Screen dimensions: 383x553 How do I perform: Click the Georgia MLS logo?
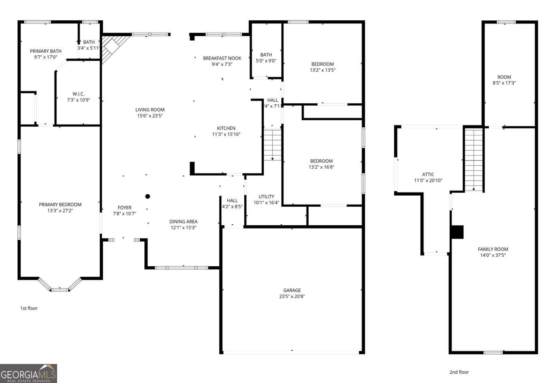point(28,373)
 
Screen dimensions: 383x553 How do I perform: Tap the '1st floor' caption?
point(29,308)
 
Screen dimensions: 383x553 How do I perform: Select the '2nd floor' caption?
point(459,372)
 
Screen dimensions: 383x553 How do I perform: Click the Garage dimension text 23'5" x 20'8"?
point(292,296)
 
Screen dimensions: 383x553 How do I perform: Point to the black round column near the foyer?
point(148,196)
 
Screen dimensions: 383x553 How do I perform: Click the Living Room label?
point(150,110)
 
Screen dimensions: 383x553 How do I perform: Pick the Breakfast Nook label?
point(222,58)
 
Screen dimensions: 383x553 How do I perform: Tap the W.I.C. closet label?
point(78,94)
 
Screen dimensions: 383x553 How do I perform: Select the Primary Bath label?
point(46,51)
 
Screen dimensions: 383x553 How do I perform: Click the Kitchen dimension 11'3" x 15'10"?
point(226,134)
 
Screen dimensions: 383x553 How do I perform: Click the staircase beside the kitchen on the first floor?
point(273,144)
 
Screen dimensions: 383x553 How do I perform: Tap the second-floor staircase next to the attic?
point(474,160)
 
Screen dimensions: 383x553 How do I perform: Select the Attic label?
point(428,174)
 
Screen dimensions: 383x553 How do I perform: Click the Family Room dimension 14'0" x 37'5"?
point(493,255)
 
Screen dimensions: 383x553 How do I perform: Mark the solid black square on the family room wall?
point(458,232)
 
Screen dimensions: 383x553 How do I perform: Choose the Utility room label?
point(266,196)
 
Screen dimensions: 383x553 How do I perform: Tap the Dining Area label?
point(183,222)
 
